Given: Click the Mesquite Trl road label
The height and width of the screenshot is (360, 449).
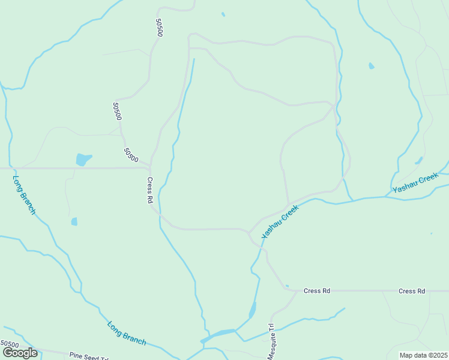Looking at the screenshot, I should click(271, 341).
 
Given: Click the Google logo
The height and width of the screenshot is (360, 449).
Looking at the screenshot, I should click(20, 353).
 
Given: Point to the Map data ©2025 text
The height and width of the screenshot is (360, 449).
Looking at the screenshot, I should click(423, 355).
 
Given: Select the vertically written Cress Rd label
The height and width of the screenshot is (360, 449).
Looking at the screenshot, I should click(150, 191).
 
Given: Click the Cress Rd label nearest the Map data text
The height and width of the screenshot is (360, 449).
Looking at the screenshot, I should click(412, 291).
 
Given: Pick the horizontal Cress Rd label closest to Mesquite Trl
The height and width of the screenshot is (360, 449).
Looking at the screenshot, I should click(317, 291).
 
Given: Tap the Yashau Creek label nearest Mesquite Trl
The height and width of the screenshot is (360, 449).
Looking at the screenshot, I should click(280, 222).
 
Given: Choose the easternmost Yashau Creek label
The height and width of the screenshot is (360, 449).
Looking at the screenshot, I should click(416, 183).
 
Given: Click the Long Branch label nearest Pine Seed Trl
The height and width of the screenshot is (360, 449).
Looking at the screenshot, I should click(127, 333).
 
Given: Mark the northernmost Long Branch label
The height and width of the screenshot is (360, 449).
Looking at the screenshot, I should click(24, 194).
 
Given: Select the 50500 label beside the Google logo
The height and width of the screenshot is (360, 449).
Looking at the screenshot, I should click(10, 344).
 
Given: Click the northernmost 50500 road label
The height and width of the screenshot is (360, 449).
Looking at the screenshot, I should click(159, 28).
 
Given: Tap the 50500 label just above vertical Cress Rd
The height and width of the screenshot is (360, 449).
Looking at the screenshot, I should click(131, 155).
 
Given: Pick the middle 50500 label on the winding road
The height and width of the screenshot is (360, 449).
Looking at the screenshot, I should click(117, 111).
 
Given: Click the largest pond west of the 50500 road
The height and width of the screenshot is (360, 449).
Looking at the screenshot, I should click(83, 160).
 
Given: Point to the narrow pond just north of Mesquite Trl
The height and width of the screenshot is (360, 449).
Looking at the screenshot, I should click(252, 310).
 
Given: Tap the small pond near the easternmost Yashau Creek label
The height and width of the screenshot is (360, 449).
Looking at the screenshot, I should click(418, 160).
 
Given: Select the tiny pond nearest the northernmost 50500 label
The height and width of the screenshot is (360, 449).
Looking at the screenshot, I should click(223, 14).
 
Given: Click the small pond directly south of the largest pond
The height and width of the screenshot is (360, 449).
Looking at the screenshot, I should click(74, 221).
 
